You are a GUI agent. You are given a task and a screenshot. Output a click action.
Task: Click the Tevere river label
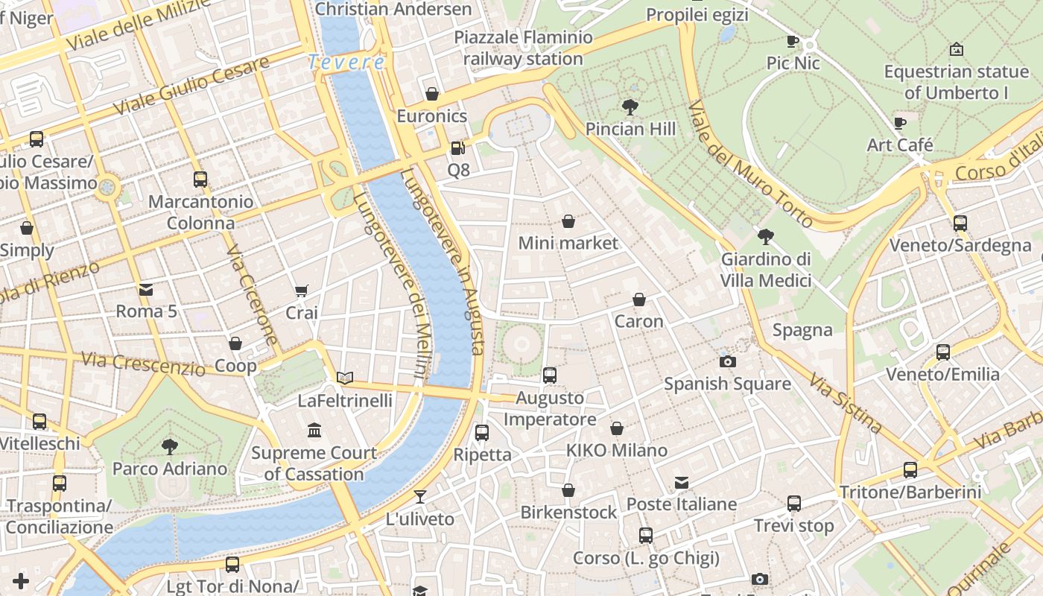tap(347, 63)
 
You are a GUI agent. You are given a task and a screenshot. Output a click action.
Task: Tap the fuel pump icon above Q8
tap(457, 148)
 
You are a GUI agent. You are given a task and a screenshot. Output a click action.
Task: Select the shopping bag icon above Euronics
tap(432, 94)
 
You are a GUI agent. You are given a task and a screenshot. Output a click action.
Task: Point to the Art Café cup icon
tap(900, 123)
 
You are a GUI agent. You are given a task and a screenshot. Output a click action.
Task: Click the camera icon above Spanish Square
tap(727, 361)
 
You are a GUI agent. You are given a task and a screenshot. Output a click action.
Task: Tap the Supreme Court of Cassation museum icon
tap(314, 431)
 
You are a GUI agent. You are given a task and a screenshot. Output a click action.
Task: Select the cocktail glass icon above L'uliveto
tap(420, 496)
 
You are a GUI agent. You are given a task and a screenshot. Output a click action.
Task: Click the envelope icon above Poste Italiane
tap(681, 483)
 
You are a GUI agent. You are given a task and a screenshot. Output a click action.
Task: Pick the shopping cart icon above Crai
tap(301, 291)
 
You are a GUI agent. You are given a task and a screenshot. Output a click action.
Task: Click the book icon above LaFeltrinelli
tap(344, 378)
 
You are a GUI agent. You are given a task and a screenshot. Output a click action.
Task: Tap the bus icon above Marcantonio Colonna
tap(200, 180)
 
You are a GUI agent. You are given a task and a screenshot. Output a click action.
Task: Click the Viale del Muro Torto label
tap(750, 164)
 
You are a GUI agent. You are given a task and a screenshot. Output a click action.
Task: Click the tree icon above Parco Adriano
tap(170, 447)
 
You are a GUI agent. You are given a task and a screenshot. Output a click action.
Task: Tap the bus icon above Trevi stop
tap(794, 504)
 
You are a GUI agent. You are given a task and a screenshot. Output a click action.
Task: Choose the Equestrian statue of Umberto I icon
tap(957, 50)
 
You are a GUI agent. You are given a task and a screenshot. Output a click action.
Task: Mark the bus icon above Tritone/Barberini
tap(910, 470)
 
